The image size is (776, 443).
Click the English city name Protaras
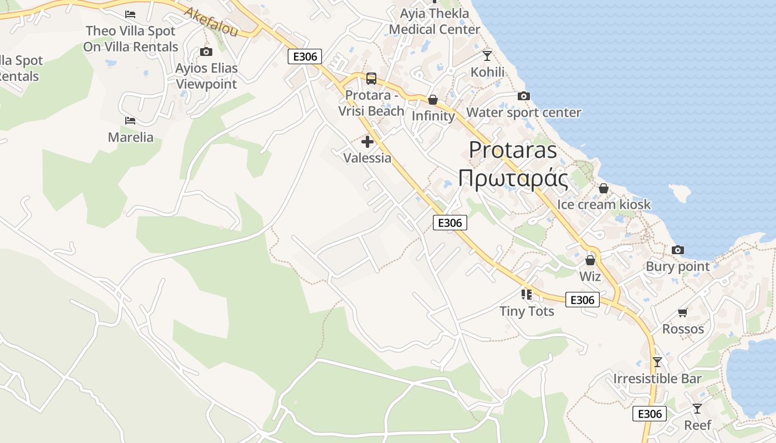513,150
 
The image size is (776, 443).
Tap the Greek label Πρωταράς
513,178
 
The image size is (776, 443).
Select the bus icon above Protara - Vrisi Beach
371,79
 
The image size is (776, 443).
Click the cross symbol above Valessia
367,142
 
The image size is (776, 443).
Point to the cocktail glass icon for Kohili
487,55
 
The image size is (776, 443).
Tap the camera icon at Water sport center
523,96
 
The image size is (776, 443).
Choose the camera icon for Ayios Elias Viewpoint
206,52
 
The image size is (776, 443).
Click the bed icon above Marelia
130,120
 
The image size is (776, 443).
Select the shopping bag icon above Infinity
432,100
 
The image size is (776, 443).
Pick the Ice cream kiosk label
604,204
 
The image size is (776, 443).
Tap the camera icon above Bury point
677,250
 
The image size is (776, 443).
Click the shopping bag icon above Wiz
590,260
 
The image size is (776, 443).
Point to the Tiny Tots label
527,311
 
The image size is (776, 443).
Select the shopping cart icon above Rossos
682,313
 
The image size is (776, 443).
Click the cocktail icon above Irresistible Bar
657,362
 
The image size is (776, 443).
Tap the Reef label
697,425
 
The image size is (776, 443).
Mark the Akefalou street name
211,22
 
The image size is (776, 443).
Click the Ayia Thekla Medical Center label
435,21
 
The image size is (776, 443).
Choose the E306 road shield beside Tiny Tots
582,300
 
